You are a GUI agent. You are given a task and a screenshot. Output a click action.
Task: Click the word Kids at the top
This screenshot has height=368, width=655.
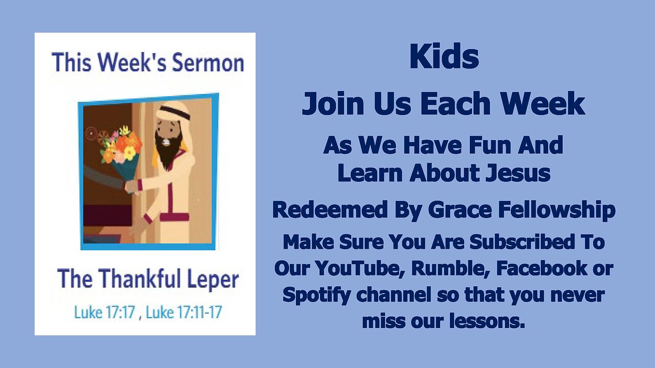(x=444, y=58)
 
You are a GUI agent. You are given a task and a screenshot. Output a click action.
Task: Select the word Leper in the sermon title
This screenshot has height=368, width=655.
(x=214, y=279)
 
